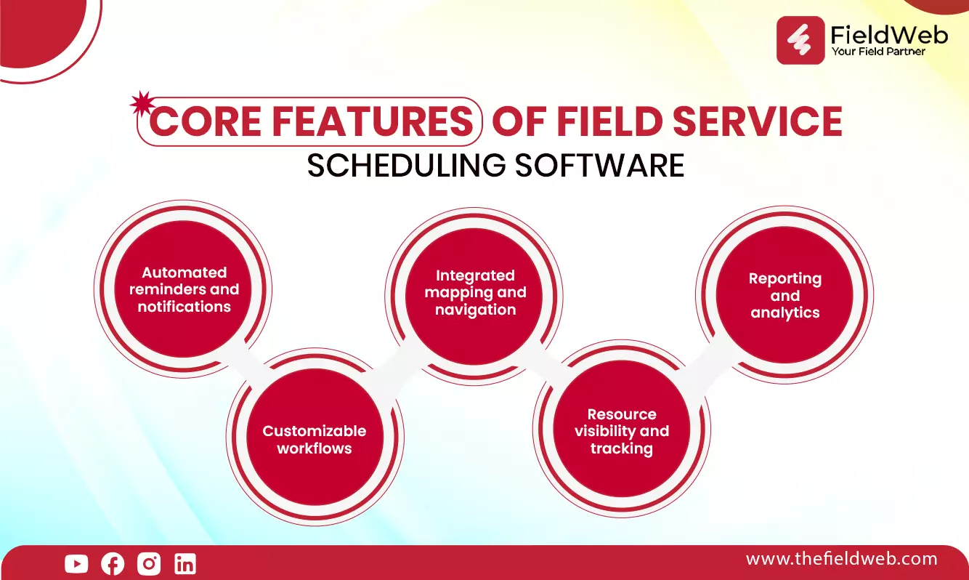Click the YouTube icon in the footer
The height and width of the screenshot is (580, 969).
point(76,563)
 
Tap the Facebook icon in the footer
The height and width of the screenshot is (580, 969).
point(113,563)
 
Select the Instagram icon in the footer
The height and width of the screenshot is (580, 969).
point(149,563)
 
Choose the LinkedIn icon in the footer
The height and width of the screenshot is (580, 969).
point(185,563)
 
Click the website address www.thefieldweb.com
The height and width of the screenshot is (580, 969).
point(841,559)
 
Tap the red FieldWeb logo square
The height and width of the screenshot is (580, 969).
point(800,40)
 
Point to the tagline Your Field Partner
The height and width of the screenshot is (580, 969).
point(878,51)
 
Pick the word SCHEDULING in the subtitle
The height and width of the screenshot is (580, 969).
point(406,165)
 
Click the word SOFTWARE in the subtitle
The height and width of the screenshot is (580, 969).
point(599,165)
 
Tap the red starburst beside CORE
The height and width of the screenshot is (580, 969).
point(142,103)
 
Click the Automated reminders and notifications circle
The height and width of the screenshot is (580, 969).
point(183,289)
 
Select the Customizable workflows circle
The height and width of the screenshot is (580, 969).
point(315,437)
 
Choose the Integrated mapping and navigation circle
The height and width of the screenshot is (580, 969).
point(474,297)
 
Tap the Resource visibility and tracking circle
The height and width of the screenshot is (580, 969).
point(622,429)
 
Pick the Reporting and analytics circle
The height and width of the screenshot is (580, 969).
point(784,295)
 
